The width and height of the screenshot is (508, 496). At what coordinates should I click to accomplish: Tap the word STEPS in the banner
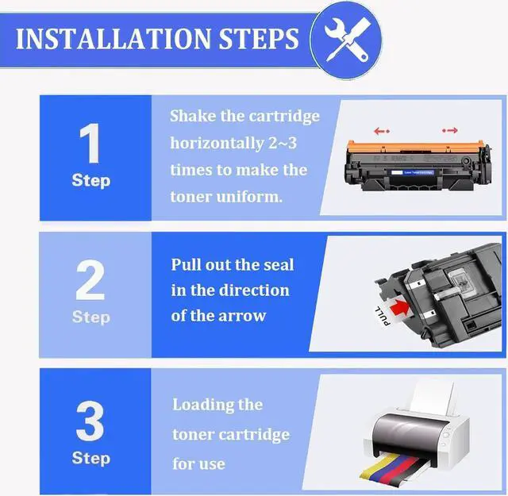coord(259,39)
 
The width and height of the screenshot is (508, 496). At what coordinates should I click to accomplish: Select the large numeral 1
coord(90,143)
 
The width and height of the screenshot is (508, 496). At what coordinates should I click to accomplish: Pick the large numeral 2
coord(90,280)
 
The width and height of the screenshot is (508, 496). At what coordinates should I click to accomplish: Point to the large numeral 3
coord(90,421)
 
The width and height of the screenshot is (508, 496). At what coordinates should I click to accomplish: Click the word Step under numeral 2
coord(91,317)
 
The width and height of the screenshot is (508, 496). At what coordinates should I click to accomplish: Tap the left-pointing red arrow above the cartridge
coord(382,131)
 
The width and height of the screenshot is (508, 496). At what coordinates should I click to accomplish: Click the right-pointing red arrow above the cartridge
coord(450,130)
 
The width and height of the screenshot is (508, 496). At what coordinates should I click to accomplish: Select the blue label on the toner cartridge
coord(412,172)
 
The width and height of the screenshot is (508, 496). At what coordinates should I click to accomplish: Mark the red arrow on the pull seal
coord(399,307)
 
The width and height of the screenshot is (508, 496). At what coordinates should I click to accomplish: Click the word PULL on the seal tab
coord(383,315)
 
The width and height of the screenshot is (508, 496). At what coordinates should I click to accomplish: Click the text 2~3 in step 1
coord(283,143)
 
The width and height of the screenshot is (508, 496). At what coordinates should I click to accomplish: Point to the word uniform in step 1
coord(249,197)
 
